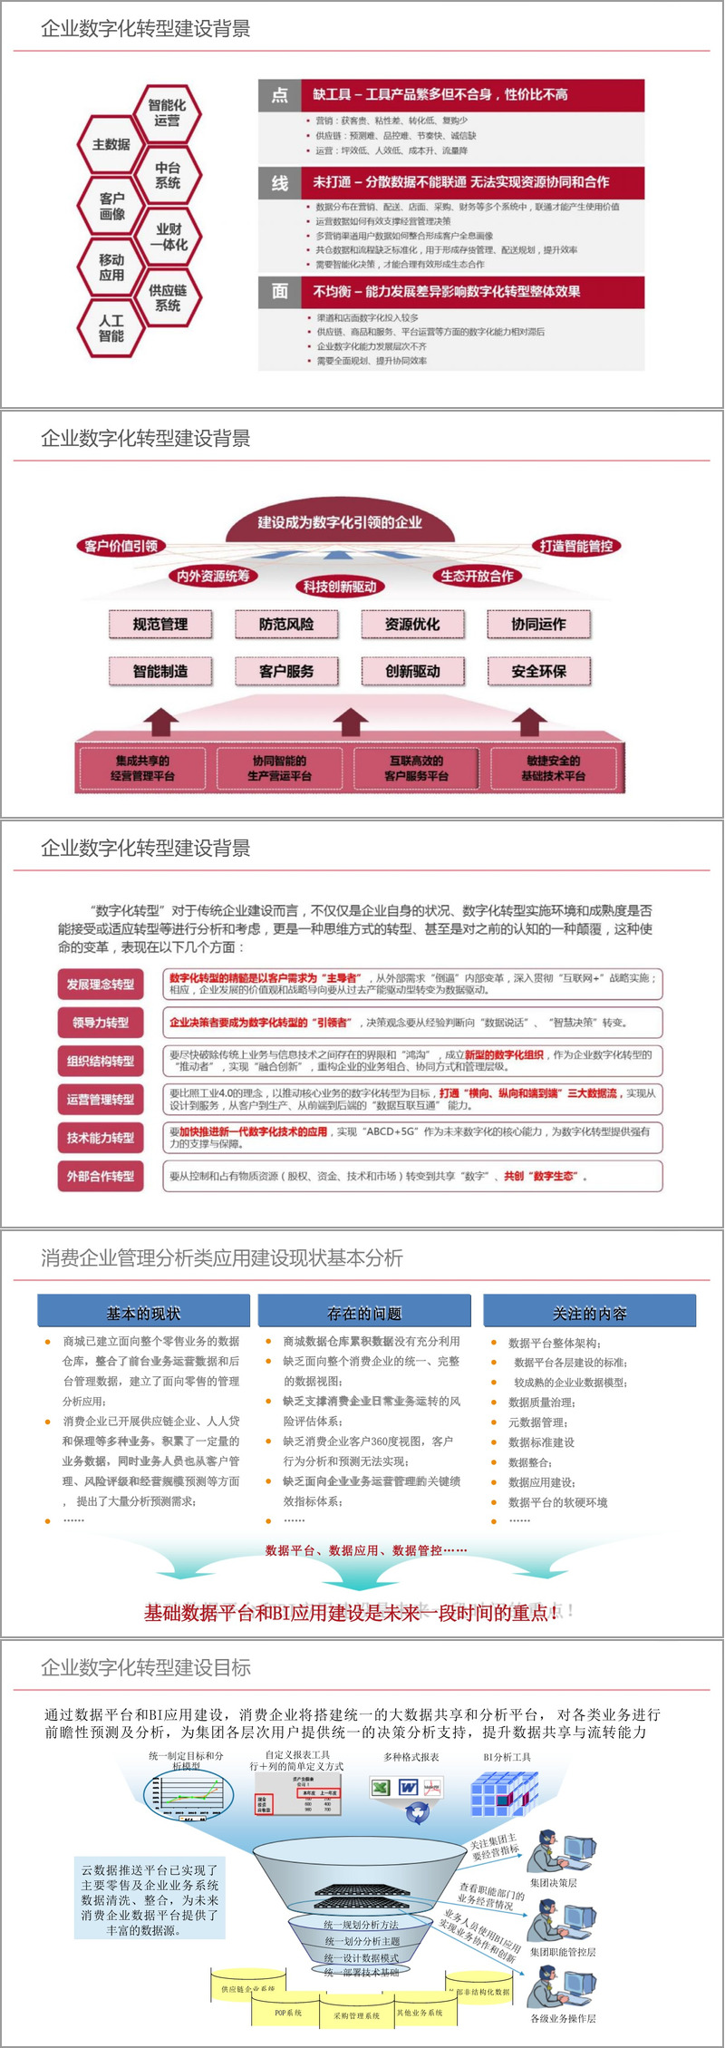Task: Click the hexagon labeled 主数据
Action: (111, 144)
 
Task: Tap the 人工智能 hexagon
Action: (111, 328)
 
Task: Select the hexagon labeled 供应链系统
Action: (168, 297)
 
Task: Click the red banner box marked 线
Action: (279, 182)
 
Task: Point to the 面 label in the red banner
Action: (279, 291)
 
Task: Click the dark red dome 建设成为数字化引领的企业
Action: (339, 522)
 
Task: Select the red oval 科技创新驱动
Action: (340, 587)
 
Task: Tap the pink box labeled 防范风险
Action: (286, 624)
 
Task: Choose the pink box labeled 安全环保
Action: (538, 671)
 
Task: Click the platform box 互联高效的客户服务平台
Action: (416, 768)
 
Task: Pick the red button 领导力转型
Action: (101, 1023)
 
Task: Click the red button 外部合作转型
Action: (101, 1176)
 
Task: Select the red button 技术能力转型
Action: (101, 1138)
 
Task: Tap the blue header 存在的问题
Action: (364, 1313)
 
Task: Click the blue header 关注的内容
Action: (589, 1313)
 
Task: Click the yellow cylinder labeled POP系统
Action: (288, 2013)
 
